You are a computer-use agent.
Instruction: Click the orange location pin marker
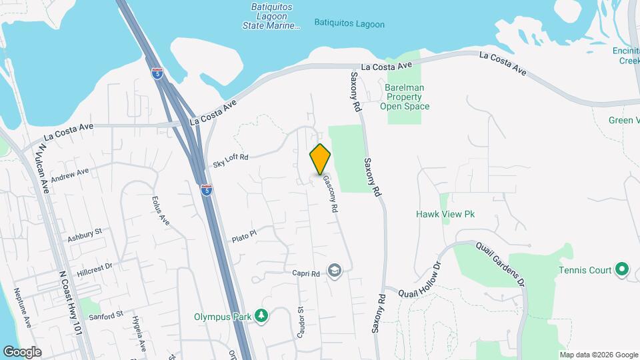(320, 159)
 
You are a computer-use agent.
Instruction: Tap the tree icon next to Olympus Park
(263, 315)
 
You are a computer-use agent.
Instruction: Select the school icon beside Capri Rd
(334, 271)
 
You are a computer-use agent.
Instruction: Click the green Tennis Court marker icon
(622, 270)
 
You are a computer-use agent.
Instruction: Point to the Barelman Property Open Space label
(405, 97)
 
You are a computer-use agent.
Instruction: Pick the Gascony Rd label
(330, 193)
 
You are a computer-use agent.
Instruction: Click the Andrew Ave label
(69, 175)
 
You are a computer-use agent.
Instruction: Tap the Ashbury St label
(84, 235)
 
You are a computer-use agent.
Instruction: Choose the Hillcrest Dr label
(94, 269)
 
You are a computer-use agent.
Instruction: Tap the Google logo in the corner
(22, 351)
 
